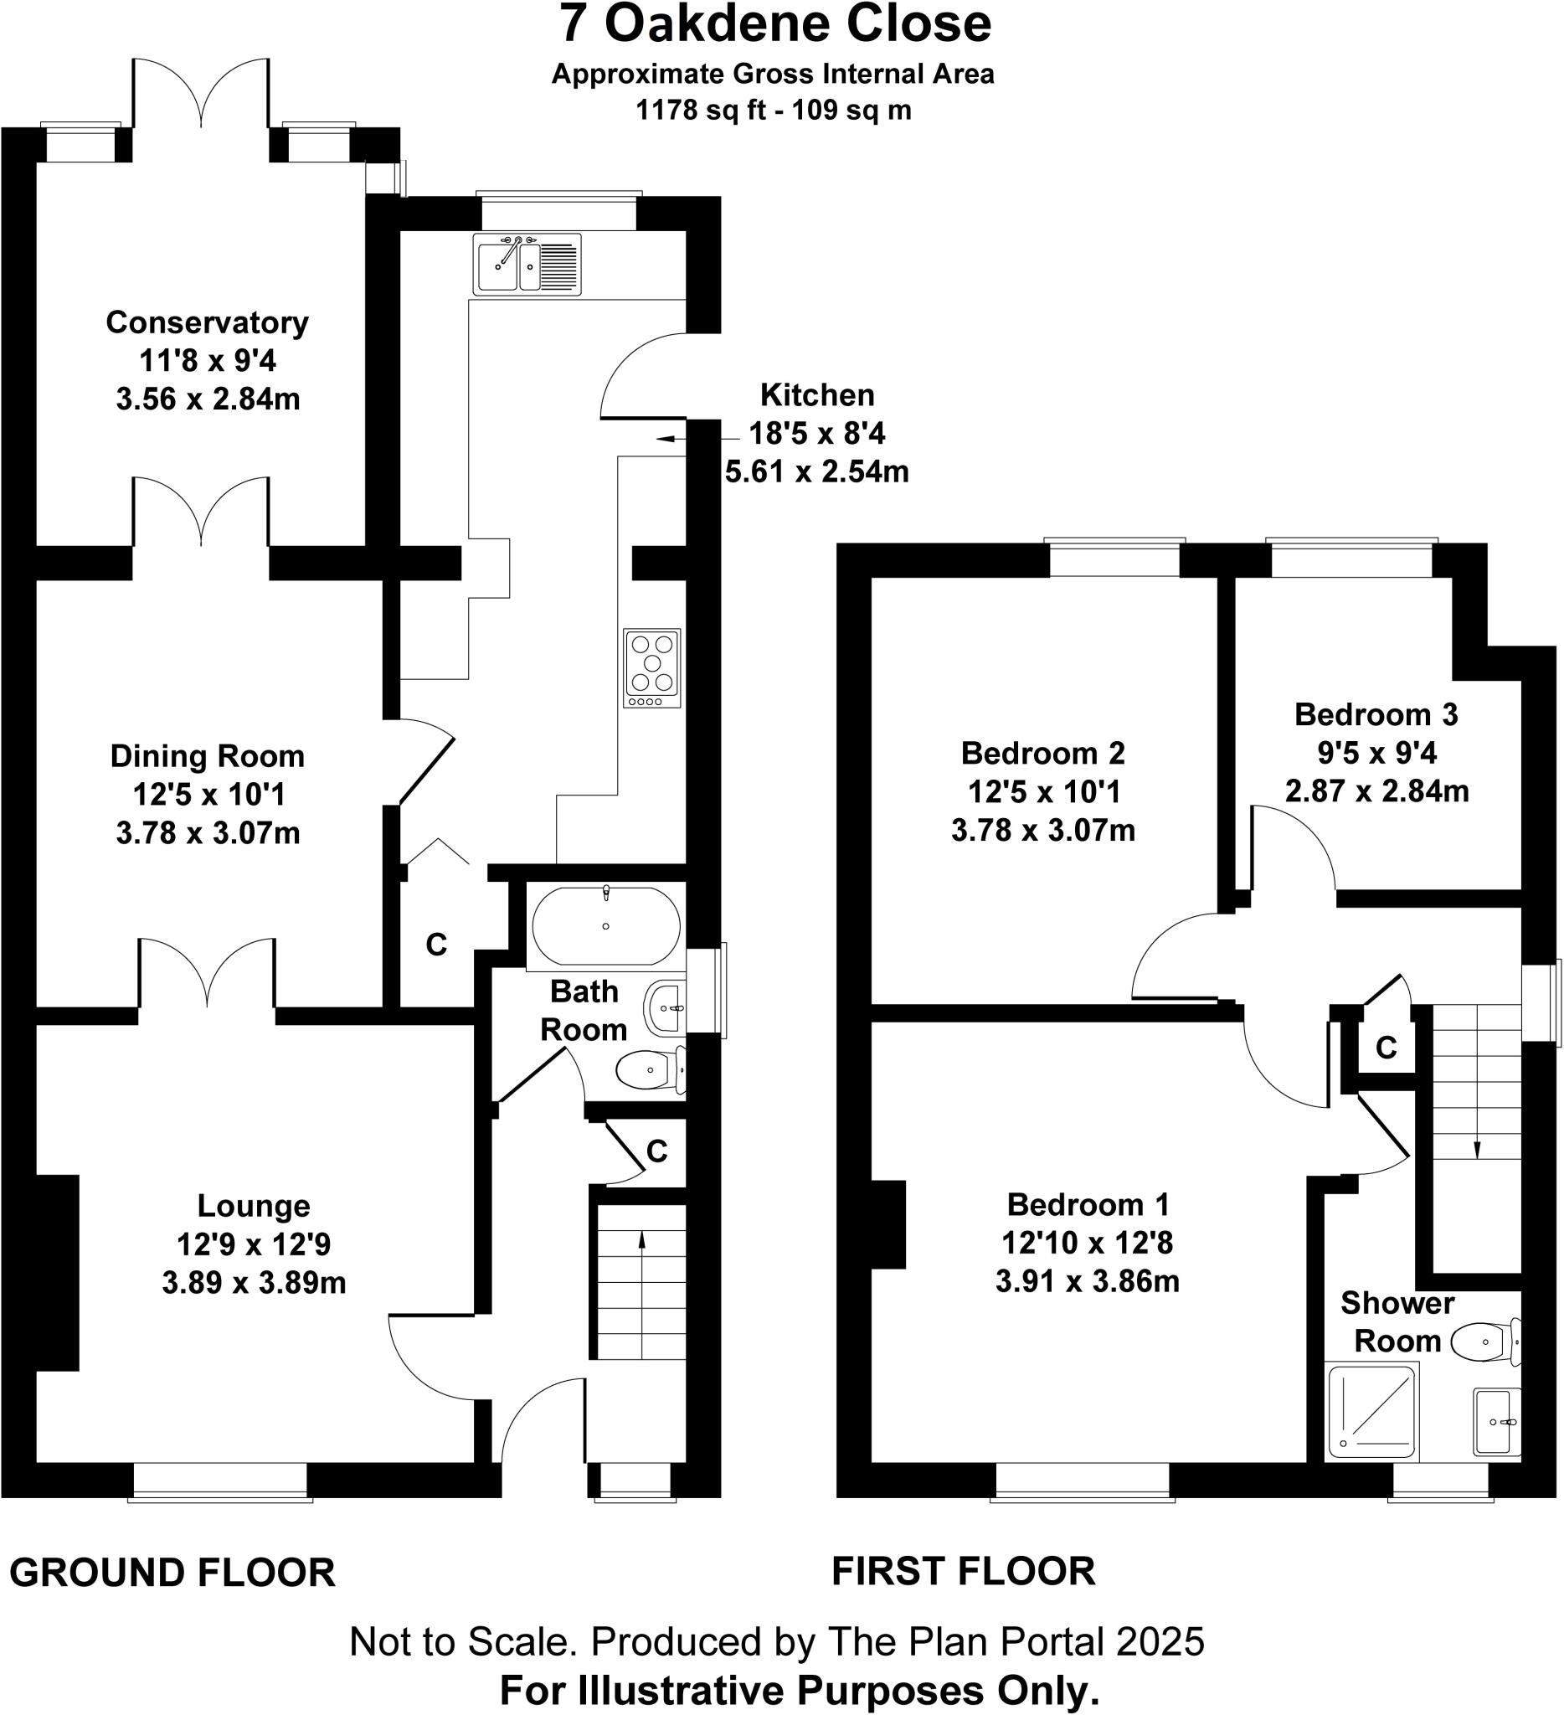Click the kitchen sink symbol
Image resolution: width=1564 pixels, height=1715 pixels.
coord(527,265)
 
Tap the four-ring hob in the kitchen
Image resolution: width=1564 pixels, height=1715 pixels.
coord(651,667)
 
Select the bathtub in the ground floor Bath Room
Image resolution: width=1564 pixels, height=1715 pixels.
coord(605,926)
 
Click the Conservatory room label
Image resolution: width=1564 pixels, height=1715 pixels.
coord(207,322)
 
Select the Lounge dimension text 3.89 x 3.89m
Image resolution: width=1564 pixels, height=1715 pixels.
coord(254,1282)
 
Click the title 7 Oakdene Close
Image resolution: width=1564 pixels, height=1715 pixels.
coord(774,23)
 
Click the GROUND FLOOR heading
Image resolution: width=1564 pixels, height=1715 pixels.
coord(172,1573)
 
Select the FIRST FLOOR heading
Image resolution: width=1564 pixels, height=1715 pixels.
coord(963,1570)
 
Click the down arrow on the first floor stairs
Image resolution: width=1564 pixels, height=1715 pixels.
coord(1476,1148)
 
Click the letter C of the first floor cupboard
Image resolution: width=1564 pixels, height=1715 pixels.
coord(1387,1048)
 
